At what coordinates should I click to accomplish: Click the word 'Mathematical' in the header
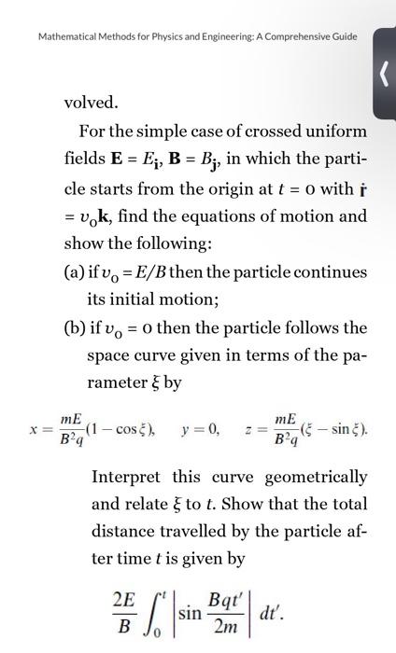(64, 36)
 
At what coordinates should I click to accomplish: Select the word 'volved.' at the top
(91, 101)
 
